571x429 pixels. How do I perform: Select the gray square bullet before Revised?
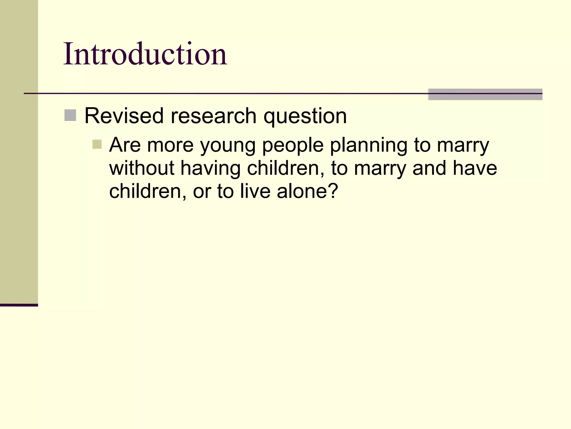pos(70,115)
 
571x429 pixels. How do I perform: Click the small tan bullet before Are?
pos(97,144)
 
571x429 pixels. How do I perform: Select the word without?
pos(142,168)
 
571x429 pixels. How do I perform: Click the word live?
pos(255,191)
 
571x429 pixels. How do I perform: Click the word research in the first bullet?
pos(213,116)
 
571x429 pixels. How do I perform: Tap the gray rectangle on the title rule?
pos(485,94)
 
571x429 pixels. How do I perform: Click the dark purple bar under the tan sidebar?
pos(19,305)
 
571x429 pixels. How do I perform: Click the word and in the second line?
pos(429,168)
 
